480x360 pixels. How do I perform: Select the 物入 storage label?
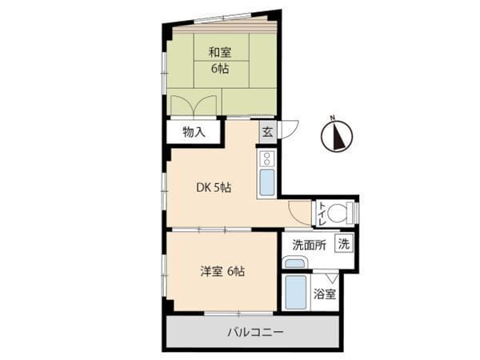[194, 132]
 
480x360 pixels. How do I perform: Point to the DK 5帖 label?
[214, 188]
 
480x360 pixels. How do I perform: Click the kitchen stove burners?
[266, 158]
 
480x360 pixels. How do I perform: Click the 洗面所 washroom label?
[308, 246]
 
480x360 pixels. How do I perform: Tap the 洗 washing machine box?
[343, 244]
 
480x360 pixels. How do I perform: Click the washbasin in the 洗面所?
[294, 262]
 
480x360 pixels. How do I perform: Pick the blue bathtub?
[296, 292]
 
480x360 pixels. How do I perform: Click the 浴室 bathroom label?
[324, 294]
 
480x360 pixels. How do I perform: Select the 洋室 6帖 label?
[222, 270]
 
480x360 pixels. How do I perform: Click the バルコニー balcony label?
[254, 331]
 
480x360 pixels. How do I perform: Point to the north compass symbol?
[337, 138]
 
